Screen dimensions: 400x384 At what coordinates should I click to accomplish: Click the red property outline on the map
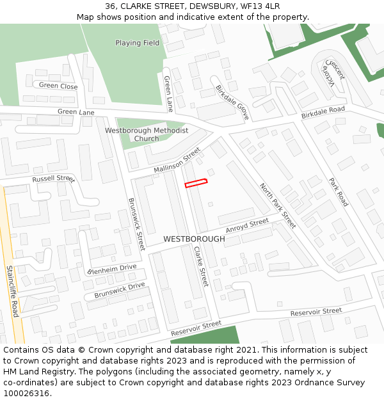pos(196,183)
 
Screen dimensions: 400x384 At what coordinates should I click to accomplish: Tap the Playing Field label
pos(137,43)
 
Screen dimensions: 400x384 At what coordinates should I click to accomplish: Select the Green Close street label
pos(58,86)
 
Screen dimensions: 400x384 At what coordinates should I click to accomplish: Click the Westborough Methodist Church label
pos(147,134)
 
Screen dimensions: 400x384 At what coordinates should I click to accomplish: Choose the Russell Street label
pos(53,179)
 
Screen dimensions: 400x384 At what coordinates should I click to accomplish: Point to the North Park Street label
pos(278,205)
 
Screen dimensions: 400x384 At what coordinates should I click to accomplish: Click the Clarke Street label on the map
pos(201,266)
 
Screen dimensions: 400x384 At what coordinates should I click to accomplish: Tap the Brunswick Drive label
pos(120,291)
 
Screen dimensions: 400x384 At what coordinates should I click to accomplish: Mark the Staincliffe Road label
pos(12,291)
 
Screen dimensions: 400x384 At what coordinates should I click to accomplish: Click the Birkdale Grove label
pos(232,102)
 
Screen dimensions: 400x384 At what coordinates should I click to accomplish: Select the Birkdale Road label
pos(323,113)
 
